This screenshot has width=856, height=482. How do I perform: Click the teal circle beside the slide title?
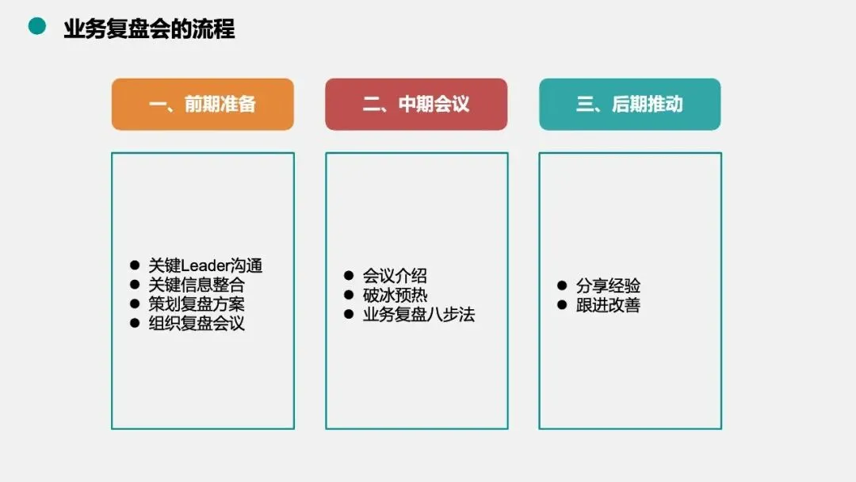point(36,27)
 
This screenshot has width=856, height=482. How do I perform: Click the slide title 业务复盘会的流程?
point(149,29)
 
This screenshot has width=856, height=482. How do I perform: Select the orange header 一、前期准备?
point(202,104)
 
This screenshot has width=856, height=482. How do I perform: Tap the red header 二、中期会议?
point(416,104)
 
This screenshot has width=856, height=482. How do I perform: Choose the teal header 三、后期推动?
point(629,104)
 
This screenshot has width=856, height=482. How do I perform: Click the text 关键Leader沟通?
point(205,266)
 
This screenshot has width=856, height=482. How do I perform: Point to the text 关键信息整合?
point(197,285)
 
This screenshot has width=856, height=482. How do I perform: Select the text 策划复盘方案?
point(197,304)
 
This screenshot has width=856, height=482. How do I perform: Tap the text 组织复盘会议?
point(197,323)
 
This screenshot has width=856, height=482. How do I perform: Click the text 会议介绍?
point(395,275)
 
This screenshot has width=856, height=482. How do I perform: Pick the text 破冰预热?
point(395,295)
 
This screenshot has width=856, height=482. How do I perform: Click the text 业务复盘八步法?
point(418,314)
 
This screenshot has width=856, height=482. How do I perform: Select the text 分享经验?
point(608,285)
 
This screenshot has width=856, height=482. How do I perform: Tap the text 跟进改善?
point(608,304)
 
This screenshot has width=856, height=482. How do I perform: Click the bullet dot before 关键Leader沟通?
point(134,266)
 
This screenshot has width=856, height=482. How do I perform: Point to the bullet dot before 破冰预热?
point(348,295)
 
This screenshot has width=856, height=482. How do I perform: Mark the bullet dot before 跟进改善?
point(562,304)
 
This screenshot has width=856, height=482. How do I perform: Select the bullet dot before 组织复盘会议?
point(134,323)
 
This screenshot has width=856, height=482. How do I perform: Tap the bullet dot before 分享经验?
point(562,285)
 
